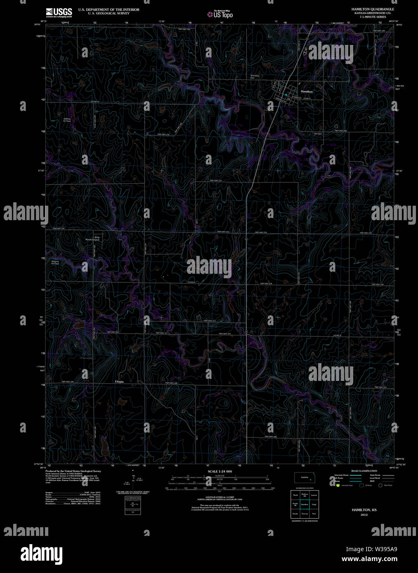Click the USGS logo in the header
59,12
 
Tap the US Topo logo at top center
220,14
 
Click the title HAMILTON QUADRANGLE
373,9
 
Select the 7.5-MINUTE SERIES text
373,16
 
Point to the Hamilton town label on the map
307,91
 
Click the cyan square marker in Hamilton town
286,95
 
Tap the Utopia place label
119,382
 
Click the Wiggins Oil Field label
55,262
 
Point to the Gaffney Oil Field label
67,120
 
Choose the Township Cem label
255,77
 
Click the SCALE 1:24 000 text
220,471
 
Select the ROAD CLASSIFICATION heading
364,471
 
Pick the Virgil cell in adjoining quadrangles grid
314,504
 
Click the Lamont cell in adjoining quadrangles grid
314,495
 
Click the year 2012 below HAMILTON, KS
364,515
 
